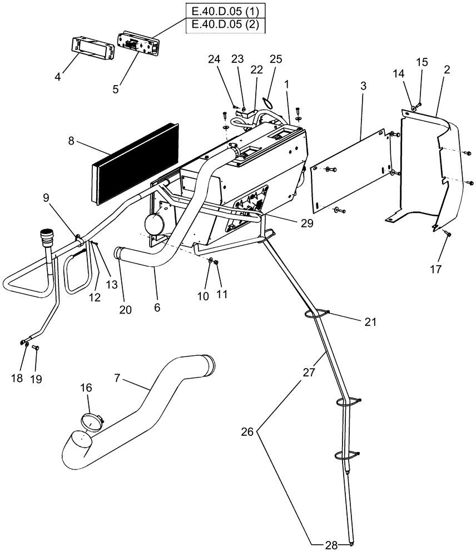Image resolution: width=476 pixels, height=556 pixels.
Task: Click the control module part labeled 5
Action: (137, 44)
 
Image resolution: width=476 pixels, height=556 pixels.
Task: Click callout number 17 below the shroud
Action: (435, 270)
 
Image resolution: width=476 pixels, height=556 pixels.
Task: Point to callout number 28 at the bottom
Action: (331, 546)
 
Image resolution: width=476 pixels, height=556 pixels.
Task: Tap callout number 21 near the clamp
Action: (370, 322)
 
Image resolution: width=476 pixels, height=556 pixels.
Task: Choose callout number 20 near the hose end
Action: (126, 310)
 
